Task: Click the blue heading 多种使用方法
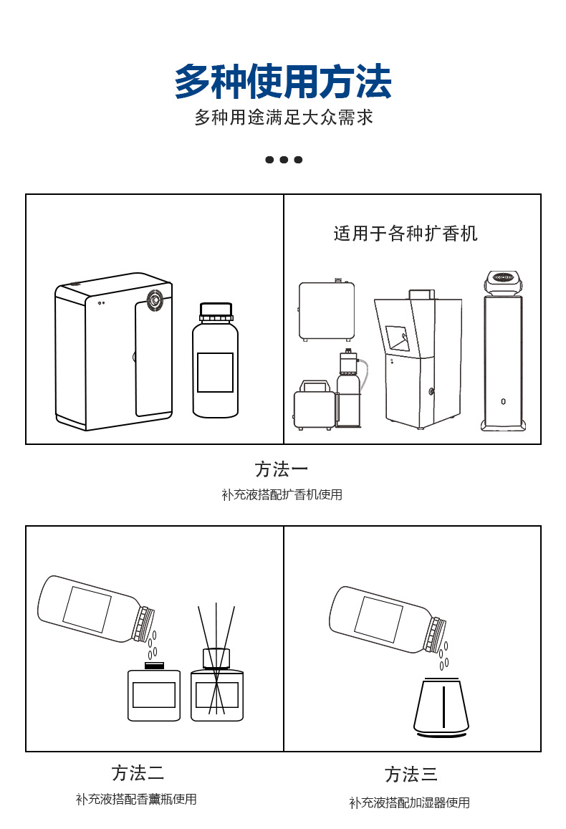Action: (x=283, y=82)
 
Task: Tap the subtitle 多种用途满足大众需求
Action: (x=284, y=118)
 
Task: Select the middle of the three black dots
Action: (x=284, y=159)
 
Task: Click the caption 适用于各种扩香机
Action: (x=406, y=234)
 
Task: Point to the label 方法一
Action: (x=282, y=469)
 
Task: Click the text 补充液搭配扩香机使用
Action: (x=282, y=494)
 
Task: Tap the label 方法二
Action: (x=138, y=773)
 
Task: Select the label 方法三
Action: (x=411, y=775)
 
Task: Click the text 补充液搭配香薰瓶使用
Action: (x=136, y=799)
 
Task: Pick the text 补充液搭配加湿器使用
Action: (x=410, y=802)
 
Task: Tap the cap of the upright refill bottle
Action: (x=216, y=312)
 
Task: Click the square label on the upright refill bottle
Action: (x=215, y=372)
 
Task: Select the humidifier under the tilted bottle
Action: (x=441, y=707)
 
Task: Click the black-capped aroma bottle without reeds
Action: (x=154, y=693)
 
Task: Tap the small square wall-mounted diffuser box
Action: (x=327, y=311)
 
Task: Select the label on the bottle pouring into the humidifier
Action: (x=378, y=619)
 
